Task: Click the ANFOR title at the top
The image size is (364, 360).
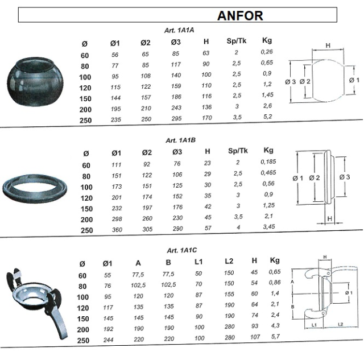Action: point(240,16)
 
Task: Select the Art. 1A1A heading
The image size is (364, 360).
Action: point(179,30)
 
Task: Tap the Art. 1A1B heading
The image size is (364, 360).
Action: point(181,140)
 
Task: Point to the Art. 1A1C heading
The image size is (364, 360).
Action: point(182,250)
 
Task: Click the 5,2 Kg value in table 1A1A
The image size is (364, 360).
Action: point(268,117)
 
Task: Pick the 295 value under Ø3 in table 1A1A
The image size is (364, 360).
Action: point(176,118)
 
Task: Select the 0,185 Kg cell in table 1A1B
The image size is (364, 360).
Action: point(268,162)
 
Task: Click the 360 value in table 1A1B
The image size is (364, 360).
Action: point(117,230)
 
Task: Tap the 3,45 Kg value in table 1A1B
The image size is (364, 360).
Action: point(269,226)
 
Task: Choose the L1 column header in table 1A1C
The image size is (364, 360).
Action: point(198,262)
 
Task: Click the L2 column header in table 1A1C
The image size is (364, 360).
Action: point(229,262)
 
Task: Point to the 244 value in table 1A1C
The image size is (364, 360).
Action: point(109,340)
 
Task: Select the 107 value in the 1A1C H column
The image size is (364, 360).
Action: point(255,337)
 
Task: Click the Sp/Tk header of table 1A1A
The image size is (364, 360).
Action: point(237,41)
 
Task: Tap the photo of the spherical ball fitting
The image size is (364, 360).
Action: point(35,82)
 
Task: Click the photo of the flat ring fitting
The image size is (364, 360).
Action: point(35,187)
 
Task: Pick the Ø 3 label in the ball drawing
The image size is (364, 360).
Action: point(291,82)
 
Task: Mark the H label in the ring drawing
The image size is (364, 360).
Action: point(330,218)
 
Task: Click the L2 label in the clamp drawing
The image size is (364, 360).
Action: point(341,325)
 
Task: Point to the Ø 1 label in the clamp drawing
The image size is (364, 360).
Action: point(349,293)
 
